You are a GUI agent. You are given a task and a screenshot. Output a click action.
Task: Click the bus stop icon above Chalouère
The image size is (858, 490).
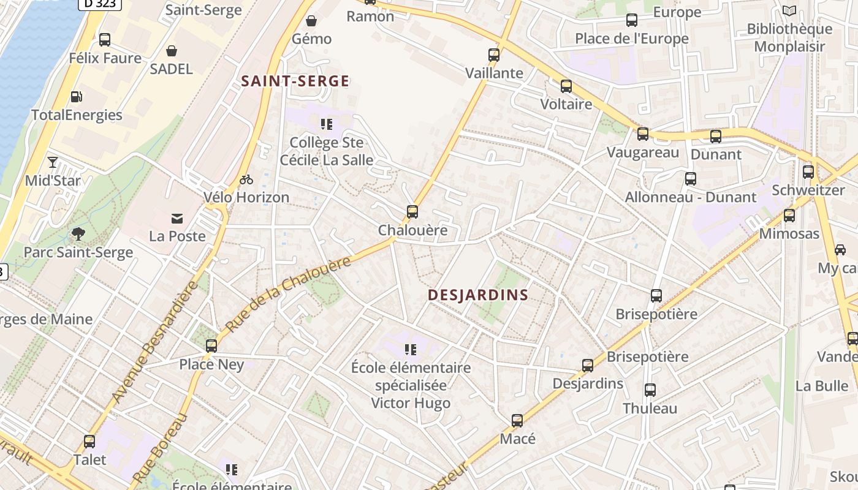[x=412, y=212]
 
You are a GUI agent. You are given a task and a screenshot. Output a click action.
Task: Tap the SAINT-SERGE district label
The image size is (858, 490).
[x=295, y=81]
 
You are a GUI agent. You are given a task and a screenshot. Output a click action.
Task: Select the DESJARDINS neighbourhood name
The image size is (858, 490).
[x=478, y=295]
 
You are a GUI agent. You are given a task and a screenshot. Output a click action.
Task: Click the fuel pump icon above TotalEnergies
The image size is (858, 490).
[x=77, y=97]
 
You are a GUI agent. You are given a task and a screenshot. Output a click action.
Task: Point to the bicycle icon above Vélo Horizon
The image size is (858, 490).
[x=246, y=179]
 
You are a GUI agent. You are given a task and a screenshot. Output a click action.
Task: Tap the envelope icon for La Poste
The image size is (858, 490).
[x=177, y=218]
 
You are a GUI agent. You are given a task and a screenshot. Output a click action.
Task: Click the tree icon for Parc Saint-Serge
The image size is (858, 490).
[x=78, y=233]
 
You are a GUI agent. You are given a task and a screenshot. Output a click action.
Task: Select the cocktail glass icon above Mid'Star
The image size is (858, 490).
[x=53, y=162]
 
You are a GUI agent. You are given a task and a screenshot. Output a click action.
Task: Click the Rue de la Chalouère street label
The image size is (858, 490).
[x=288, y=294]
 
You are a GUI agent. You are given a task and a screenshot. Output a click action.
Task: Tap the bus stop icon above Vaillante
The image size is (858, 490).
[x=494, y=55]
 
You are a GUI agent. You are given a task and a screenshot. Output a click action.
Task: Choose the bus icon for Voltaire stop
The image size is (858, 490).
[x=566, y=86]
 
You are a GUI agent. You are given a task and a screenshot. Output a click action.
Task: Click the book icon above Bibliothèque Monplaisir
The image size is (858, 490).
[x=789, y=10]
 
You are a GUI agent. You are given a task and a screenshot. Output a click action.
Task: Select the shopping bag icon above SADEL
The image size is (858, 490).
[x=172, y=51]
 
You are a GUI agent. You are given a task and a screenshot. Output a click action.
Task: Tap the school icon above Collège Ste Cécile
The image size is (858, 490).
[x=327, y=125]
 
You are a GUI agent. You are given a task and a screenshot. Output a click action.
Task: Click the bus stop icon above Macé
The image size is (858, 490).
[x=517, y=421]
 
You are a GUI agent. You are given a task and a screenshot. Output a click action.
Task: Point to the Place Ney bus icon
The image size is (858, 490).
[x=211, y=346]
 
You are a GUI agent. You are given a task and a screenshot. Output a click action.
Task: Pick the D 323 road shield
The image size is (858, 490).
[x=100, y=4]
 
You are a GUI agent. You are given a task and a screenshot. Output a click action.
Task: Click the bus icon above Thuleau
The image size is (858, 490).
[x=650, y=390]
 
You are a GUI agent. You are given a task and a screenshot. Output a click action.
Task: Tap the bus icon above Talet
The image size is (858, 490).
[x=89, y=442]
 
